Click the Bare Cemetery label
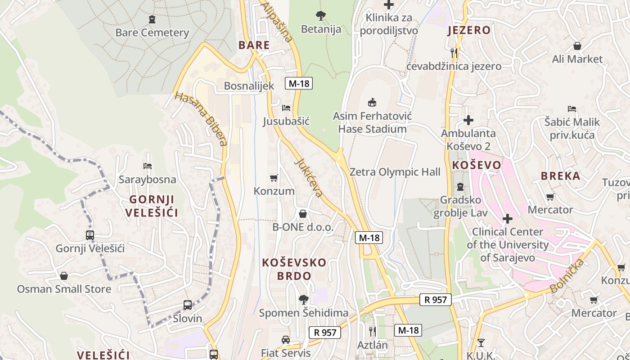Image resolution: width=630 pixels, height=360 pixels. [152, 32]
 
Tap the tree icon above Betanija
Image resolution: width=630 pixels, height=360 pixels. [321, 16]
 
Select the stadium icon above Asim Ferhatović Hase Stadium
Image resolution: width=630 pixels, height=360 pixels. [372, 103]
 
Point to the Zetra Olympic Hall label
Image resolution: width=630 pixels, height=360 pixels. [395, 172]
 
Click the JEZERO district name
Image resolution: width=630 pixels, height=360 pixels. [469, 30]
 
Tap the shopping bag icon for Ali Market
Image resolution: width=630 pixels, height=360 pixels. [577, 46]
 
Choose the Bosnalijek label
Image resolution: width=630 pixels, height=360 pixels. [249, 86]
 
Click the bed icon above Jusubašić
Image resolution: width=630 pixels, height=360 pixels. [286, 108]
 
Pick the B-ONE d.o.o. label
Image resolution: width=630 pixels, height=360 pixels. [303, 227]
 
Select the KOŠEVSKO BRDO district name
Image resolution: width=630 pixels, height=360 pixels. [294, 269]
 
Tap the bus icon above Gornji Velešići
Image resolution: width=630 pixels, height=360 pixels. [90, 235]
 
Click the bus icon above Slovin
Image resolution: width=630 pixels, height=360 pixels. [188, 305]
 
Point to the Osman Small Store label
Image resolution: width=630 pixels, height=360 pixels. [64, 289]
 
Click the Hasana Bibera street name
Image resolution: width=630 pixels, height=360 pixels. [201, 119]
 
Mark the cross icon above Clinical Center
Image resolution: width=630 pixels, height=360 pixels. [508, 219]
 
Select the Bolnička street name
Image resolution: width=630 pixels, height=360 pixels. [567, 275]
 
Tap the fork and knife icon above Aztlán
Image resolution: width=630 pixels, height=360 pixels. [372, 332]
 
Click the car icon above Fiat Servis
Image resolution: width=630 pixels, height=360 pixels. [285, 339]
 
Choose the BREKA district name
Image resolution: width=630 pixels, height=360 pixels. [560, 176]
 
